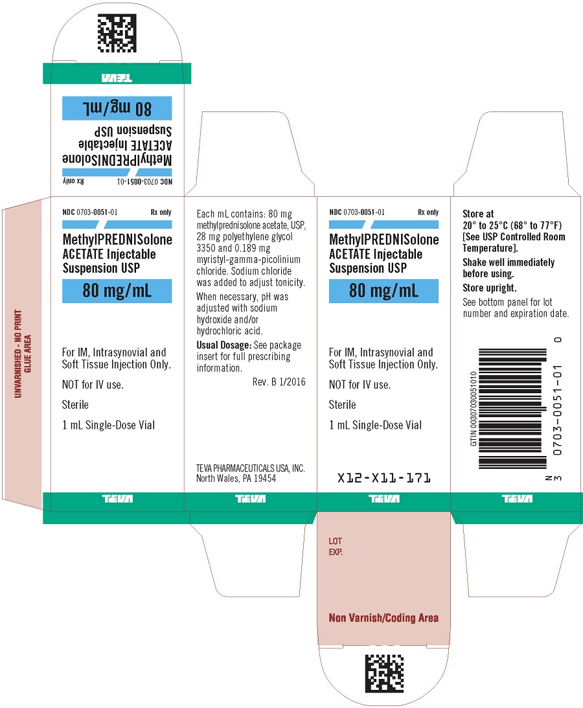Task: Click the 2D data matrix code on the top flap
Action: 117,34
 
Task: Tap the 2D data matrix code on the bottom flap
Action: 384,673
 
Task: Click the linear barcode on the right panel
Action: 512,408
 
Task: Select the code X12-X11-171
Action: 384,477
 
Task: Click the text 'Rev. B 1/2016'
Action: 279,382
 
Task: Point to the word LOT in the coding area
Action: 335,541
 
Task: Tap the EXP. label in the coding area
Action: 336,553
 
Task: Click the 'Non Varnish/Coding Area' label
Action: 383,618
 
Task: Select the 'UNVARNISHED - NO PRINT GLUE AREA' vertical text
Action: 23,354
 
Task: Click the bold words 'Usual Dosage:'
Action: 223,345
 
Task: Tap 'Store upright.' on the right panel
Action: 489,288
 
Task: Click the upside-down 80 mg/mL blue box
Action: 117,108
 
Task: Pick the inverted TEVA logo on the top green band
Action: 117,78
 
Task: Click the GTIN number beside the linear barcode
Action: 474,409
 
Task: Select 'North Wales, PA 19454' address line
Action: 236,479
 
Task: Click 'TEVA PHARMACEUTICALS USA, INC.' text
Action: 250,468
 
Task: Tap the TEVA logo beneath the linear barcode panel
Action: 517,499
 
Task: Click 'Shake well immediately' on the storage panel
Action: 509,262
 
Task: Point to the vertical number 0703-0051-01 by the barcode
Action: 557,410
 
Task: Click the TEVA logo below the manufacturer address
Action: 251,499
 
